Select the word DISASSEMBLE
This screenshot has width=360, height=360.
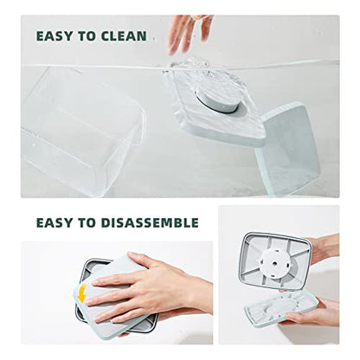coord(150,222)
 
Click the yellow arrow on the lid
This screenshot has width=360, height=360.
coord(82,293)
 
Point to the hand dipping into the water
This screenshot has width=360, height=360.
coord(190,33)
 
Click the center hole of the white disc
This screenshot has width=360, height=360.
coord(275,263)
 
